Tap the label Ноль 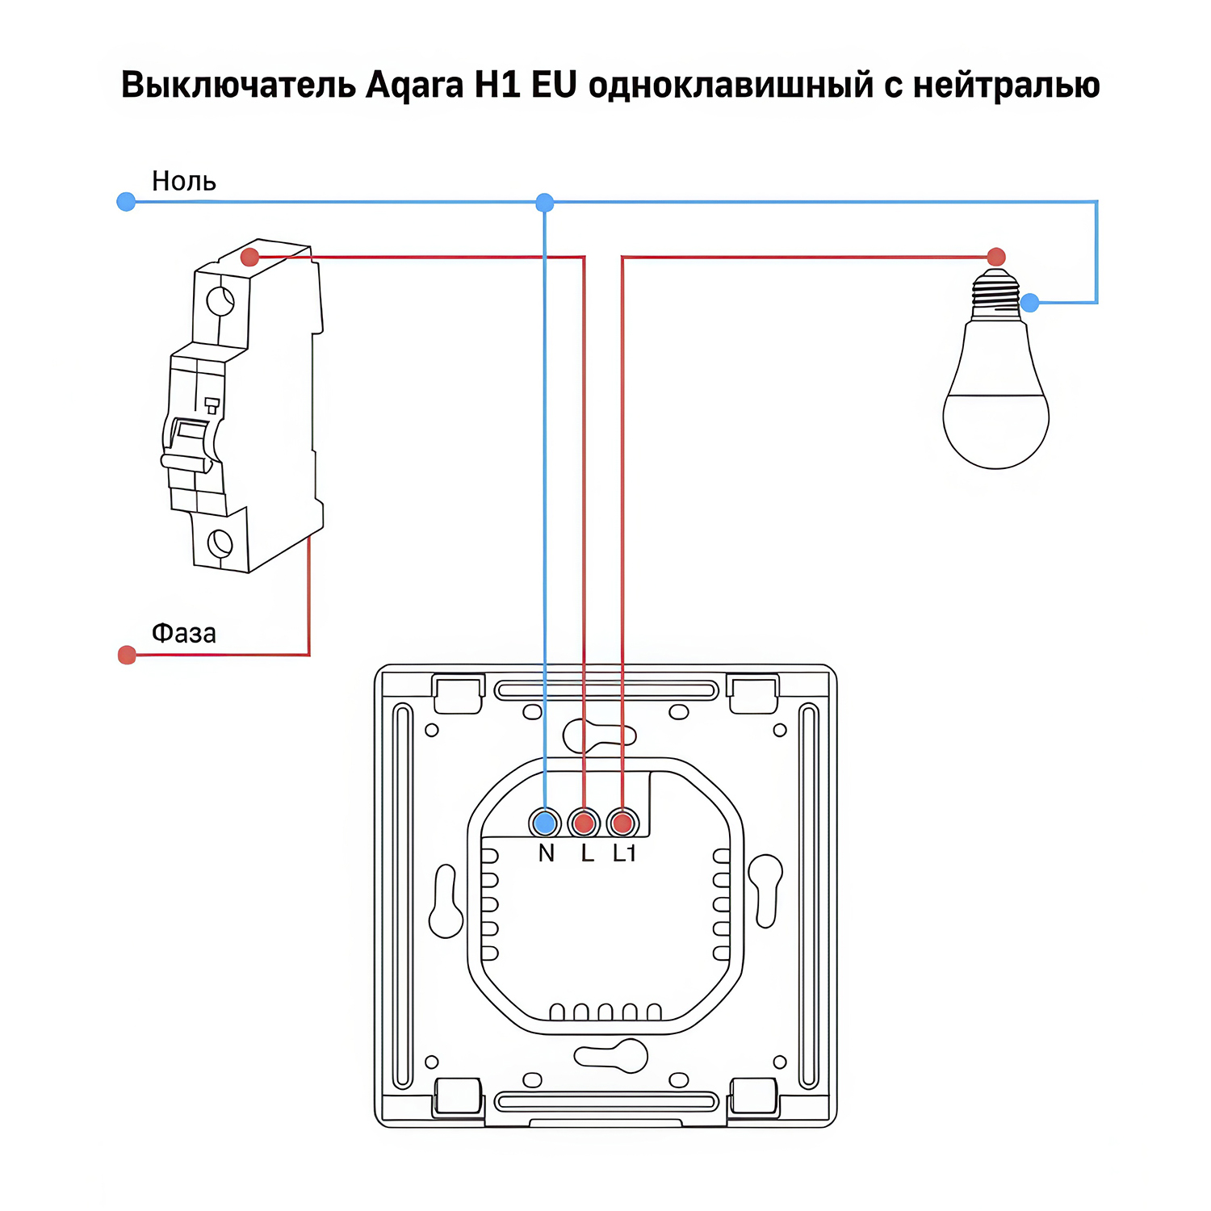tap(184, 181)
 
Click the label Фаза tap(184, 633)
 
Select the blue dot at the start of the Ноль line tap(126, 201)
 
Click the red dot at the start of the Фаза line tap(127, 655)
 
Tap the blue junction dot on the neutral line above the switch tap(545, 203)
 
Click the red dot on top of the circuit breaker tap(249, 258)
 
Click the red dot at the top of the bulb tap(996, 257)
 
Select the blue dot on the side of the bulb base tap(1030, 303)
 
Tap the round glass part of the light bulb tap(995, 412)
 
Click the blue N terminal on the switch tap(546, 823)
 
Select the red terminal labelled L tap(584, 823)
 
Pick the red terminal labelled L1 tap(622, 823)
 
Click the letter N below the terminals tap(547, 853)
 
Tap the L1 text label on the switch tap(624, 853)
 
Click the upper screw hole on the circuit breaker tap(220, 301)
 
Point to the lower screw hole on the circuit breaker tap(220, 543)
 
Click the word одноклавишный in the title tap(731, 86)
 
